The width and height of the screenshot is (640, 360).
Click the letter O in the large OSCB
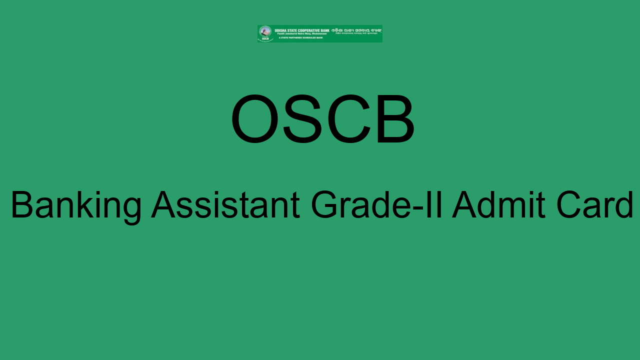254,119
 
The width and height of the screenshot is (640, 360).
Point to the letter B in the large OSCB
394,119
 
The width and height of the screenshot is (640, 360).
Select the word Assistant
225,204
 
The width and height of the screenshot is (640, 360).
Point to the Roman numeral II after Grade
437,204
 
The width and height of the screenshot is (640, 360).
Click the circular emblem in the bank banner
265,31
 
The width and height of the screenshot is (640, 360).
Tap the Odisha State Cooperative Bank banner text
301,30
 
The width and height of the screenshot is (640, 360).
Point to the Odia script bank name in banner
356,30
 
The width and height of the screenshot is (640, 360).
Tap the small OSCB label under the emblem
265,39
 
